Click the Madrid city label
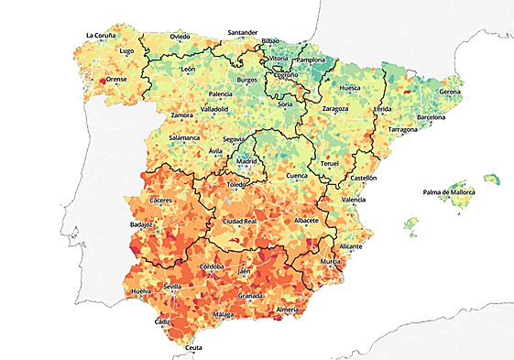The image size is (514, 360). pos(247,161)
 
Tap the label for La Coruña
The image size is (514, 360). pos(101,36)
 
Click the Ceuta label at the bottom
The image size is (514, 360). pos(193,348)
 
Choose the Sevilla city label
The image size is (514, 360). pos(171,287)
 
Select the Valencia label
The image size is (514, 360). pos(354,199)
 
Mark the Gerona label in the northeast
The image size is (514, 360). pos(450,93)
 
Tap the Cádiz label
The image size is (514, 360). pos(162,322)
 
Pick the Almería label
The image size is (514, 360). pos(288,310)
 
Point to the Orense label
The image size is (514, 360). pos(116,80)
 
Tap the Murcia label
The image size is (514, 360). pos(331,262)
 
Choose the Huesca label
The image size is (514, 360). pos(350,88)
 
